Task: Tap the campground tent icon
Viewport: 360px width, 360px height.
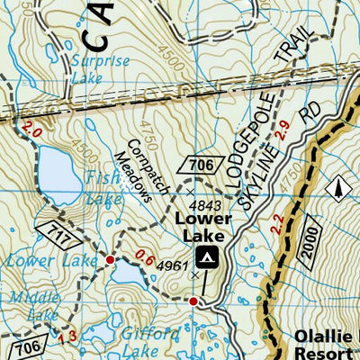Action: tap(208, 258)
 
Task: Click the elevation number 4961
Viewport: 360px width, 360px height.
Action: tap(172, 265)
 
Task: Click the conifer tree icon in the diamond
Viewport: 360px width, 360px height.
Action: tap(339, 188)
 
